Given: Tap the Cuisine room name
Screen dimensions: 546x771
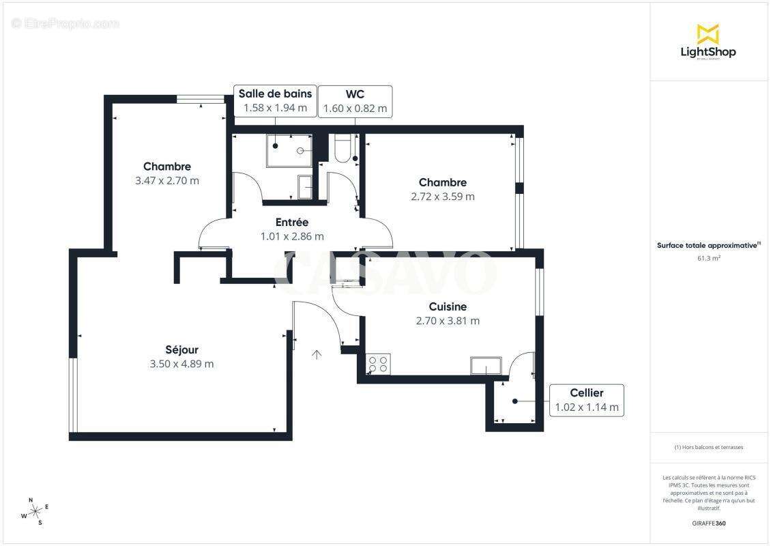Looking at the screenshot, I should coord(448,306).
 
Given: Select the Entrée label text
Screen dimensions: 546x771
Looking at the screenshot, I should coord(292,222).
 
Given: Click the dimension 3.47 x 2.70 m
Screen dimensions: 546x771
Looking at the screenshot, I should coord(167,181).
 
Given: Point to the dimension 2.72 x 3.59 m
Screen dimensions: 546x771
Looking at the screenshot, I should coord(443,197).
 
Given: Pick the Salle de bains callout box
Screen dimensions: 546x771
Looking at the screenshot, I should coord(275,100).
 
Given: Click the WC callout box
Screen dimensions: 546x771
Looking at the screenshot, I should coord(355,101).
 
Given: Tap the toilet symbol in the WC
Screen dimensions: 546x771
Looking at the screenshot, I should coord(343,148).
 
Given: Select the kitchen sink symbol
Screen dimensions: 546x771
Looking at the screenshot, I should coord(486,366).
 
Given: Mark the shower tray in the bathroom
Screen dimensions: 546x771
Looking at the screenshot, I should coord(289,151).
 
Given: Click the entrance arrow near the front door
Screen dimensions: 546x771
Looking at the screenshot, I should coord(317,354).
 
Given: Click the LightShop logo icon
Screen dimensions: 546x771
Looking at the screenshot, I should coord(708,33).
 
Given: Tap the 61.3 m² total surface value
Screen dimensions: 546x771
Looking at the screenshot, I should coord(708,258).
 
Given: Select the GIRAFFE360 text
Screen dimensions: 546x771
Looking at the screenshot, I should coord(708,523).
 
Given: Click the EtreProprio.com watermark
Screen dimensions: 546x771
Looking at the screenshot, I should coord(66,23).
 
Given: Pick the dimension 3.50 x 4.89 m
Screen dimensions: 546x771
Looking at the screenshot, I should coord(181,364).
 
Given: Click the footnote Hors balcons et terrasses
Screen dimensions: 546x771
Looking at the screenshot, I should coord(708,447).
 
